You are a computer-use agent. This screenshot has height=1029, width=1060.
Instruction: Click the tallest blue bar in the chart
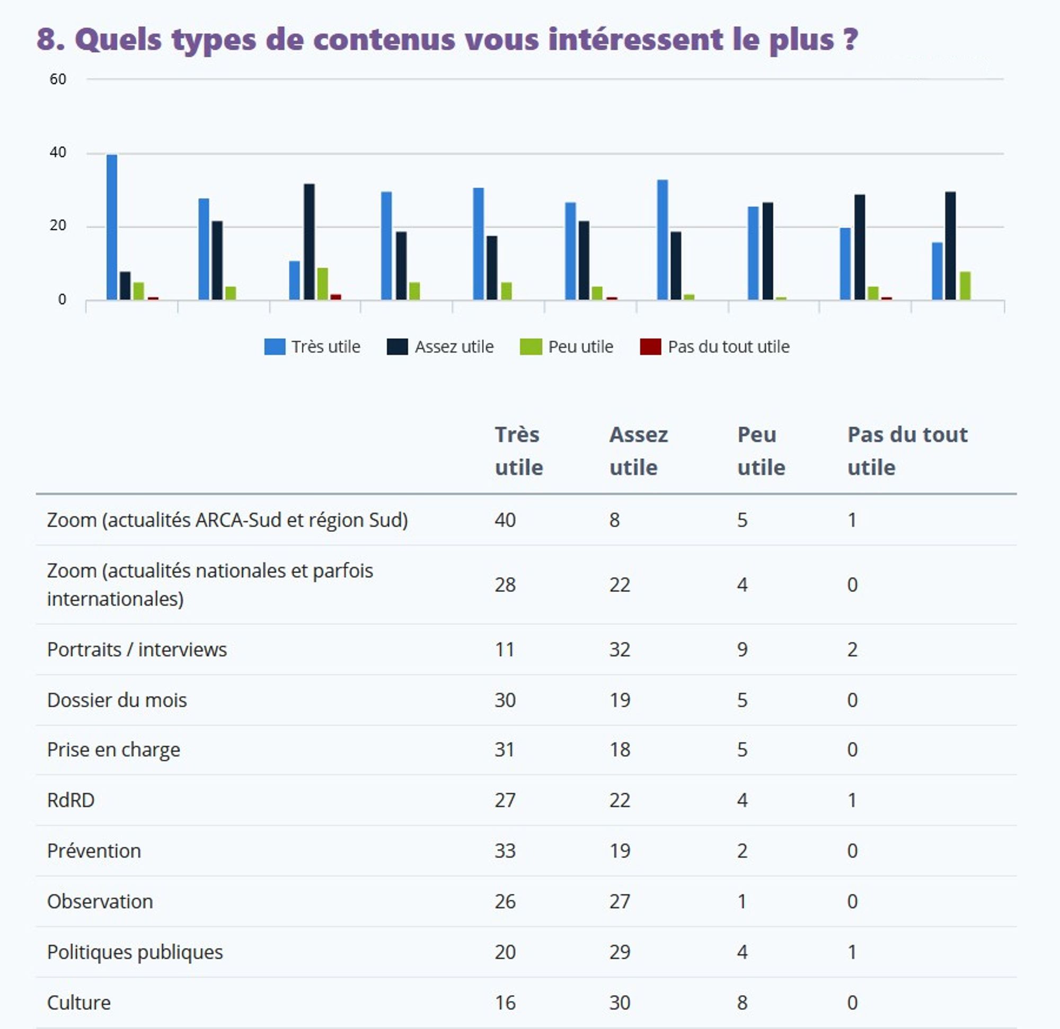111,227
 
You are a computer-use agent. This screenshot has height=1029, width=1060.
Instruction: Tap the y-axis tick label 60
58,79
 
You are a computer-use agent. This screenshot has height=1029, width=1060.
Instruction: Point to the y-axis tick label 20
58,226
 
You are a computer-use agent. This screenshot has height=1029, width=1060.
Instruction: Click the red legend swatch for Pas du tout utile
650,347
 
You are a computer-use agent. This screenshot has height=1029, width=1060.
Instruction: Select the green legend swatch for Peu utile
530,347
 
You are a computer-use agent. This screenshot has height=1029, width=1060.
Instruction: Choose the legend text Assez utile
454,347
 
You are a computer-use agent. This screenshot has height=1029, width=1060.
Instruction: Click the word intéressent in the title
635,39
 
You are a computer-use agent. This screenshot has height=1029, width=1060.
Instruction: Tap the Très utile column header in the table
518,450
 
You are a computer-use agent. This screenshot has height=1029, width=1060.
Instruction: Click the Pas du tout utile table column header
907,450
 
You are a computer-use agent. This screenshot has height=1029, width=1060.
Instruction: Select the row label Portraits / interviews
137,649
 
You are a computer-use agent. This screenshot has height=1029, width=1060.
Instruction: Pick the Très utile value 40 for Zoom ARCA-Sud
505,520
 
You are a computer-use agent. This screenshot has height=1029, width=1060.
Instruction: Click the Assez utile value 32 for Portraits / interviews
619,649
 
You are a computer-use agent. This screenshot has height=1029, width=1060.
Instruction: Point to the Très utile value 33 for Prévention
505,850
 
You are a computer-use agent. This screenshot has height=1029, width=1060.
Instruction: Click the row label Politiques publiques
135,952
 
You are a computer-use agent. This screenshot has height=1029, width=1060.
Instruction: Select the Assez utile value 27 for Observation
619,901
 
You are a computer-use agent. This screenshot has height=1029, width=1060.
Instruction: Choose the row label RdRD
71,800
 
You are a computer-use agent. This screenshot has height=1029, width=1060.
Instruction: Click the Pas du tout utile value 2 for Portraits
852,649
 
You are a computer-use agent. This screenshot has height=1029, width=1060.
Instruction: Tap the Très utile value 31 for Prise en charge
505,749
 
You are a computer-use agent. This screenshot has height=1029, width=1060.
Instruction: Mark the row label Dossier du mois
117,700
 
